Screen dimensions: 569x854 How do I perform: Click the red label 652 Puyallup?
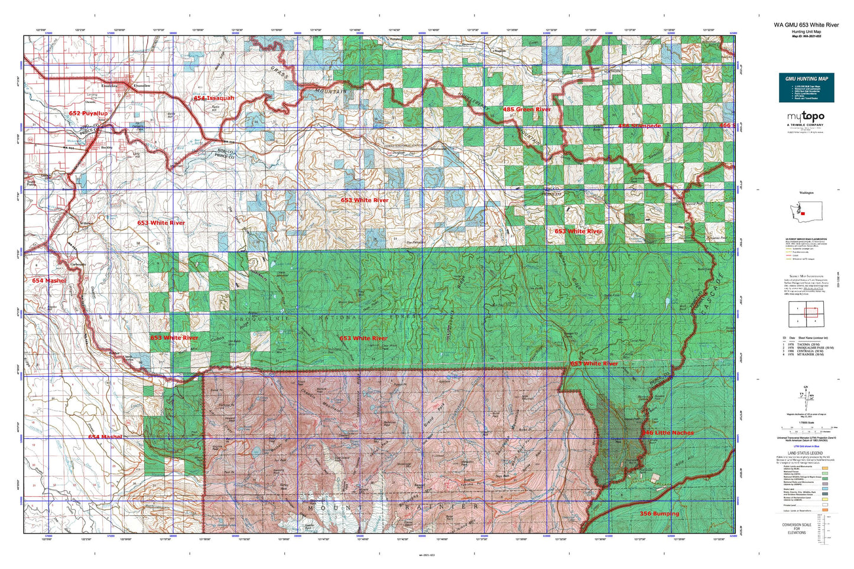88,113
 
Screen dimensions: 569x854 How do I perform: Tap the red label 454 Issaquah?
214,98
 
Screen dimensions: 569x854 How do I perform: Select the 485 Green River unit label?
527,109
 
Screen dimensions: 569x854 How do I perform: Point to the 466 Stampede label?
639,126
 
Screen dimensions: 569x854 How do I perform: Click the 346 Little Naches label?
668,433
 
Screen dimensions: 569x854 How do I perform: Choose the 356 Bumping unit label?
659,513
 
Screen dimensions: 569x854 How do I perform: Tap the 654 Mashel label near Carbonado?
49,281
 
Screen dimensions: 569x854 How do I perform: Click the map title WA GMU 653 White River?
806,25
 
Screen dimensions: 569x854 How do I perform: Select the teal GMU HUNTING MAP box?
806,87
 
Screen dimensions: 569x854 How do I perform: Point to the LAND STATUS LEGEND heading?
806,453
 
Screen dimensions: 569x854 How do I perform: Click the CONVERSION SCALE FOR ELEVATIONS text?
796,528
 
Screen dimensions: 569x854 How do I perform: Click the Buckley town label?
106,147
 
